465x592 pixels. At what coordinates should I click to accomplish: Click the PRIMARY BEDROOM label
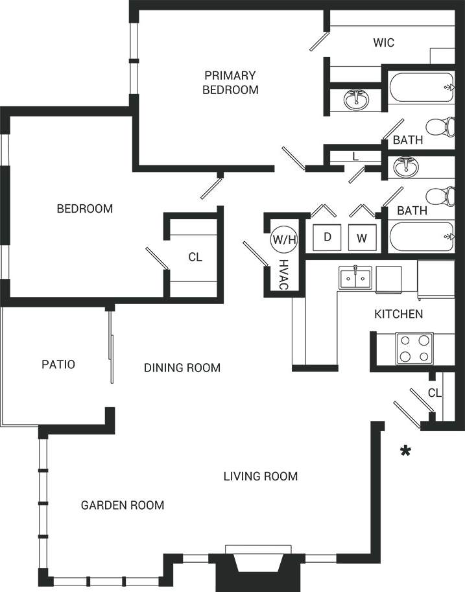(x=230, y=82)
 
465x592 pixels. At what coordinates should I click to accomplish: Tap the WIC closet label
(x=383, y=43)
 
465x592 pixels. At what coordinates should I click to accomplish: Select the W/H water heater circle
(x=284, y=239)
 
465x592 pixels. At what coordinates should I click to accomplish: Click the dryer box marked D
(x=328, y=237)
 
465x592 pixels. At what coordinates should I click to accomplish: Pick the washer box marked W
(x=362, y=238)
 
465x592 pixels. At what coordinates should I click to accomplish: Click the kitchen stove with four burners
(x=414, y=348)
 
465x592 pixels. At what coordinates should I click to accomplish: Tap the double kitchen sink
(x=355, y=278)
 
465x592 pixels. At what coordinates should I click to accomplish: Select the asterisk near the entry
(x=406, y=451)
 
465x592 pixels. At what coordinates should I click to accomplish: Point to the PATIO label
(x=58, y=364)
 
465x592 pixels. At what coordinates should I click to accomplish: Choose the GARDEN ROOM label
(x=123, y=505)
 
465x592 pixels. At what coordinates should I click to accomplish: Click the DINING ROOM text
(x=182, y=368)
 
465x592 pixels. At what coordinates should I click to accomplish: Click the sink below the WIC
(x=355, y=101)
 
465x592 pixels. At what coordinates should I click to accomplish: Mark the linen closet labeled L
(x=355, y=156)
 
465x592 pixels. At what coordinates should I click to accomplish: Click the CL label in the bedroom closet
(x=195, y=257)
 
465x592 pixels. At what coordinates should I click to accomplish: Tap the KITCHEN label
(x=399, y=314)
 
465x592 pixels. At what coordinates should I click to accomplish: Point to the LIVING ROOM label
(x=261, y=477)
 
